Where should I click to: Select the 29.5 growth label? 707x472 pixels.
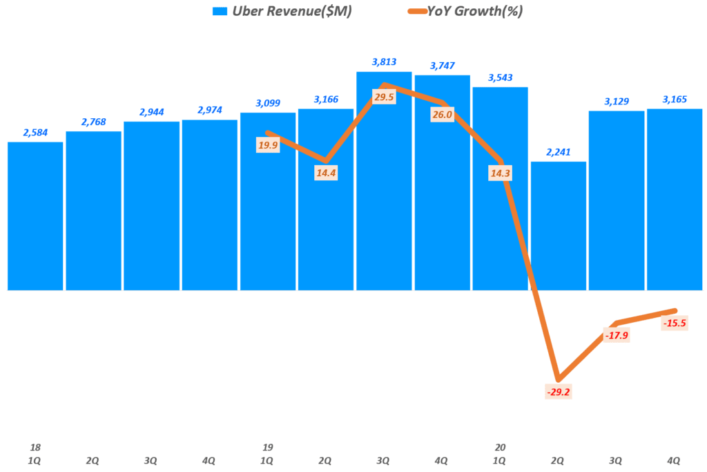[x=384, y=97]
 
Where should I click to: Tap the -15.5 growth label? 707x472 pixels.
[x=674, y=323]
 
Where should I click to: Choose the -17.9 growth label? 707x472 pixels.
[x=616, y=336]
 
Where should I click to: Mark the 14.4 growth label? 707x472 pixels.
[x=325, y=173]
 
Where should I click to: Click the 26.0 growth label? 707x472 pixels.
[x=442, y=115]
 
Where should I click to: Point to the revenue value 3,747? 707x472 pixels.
[x=442, y=66]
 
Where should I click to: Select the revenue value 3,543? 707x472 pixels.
[x=500, y=77]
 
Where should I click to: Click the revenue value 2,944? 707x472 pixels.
[x=151, y=112]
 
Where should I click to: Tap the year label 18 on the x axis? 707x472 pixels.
[x=35, y=447]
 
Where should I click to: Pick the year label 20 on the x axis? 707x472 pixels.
[x=500, y=447]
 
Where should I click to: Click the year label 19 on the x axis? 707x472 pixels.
[x=267, y=447]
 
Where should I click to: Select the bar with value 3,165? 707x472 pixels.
[x=674, y=200]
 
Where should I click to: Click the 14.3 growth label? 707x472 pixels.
[x=500, y=173]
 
